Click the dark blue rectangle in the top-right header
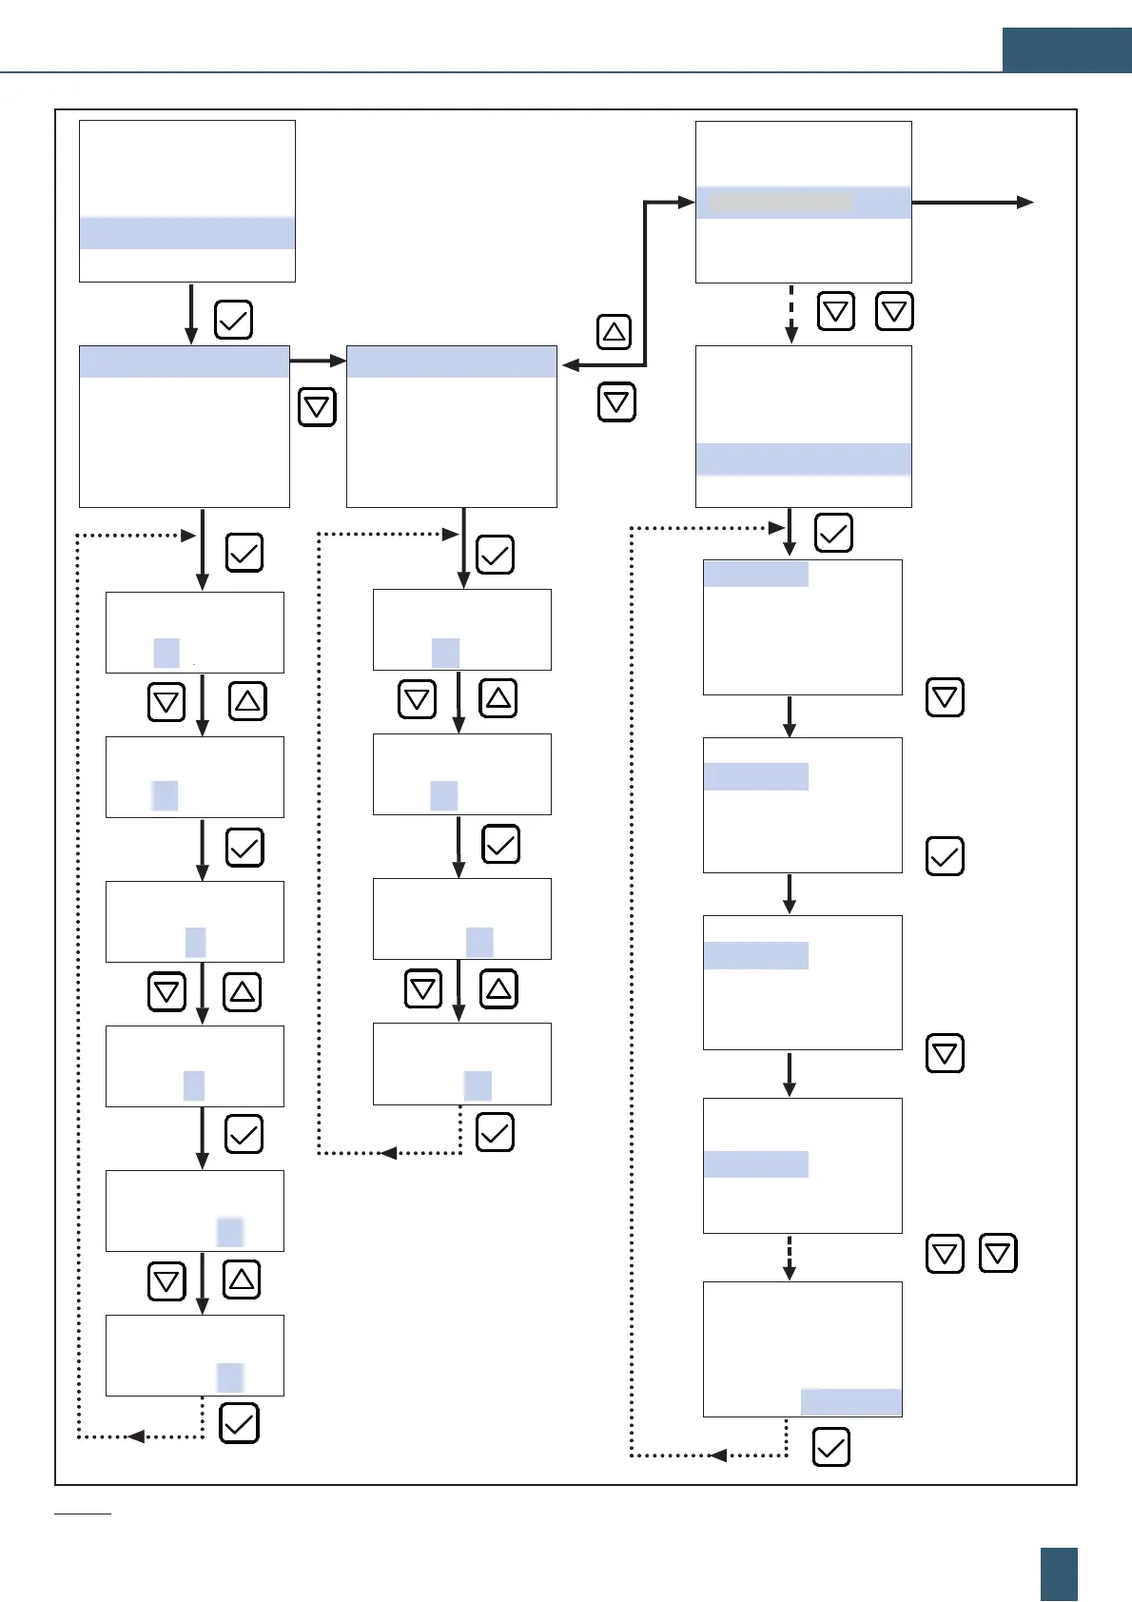pos(1066,49)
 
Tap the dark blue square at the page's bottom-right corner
pos(1059,1573)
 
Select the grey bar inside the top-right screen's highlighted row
pos(781,203)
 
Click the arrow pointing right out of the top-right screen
pos(972,202)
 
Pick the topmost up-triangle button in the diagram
pos(614,331)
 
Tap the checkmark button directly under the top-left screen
pos(233,320)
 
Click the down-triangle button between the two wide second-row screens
pos(317,407)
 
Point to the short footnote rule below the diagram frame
pos(83,1513)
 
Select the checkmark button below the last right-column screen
pos(830,1448)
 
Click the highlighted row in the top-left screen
pos(186,233)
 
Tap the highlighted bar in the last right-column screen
pos(850,1402)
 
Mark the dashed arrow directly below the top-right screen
pos(791,313)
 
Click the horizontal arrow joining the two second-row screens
pos(318,361)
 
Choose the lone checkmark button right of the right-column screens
pos(945,856)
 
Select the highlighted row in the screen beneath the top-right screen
pos(803,459)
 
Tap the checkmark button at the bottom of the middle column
pos(495,1132)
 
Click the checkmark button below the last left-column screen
pos(239,1424)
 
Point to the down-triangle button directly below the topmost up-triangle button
pos(616,401)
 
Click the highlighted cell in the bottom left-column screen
pos(230,1377)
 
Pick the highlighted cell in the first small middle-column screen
pos(445,653)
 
